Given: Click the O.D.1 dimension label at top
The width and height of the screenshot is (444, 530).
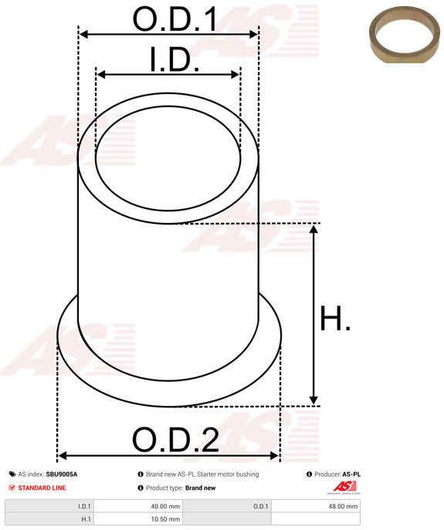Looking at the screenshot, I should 175,19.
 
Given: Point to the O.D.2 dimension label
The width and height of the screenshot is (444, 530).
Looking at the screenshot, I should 175,440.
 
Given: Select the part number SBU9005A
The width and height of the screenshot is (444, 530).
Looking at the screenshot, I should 67,474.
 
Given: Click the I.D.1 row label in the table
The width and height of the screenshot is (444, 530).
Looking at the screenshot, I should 84,506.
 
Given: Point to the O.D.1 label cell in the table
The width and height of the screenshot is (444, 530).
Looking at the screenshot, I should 260,506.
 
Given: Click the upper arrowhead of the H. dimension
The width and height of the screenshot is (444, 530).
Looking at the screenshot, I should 314,229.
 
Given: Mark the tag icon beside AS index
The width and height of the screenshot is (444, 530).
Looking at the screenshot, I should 12,474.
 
